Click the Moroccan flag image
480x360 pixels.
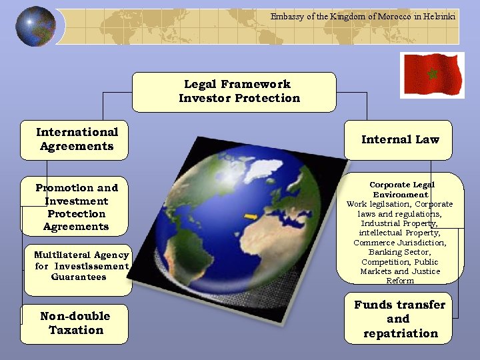click(431, 75)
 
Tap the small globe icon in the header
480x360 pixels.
click(35, 26)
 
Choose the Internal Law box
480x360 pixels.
click(398, 140)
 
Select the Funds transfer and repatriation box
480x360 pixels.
click(398, 319)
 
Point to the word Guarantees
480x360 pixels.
click(79, 277)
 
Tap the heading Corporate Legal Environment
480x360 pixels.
click(401, 189)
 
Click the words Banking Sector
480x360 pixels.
click(400, 252)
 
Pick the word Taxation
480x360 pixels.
click(76, 330)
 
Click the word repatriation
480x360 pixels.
click(401, 333)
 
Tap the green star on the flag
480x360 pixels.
click(431, 73)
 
